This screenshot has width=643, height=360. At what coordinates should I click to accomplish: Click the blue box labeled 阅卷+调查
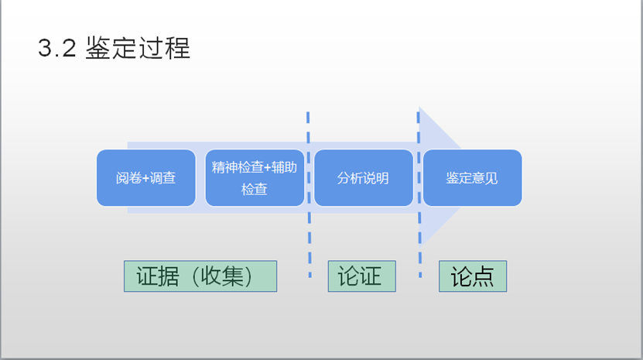146,177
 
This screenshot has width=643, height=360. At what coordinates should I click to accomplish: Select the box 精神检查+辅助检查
255,177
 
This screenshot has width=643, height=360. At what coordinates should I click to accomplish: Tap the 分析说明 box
363,177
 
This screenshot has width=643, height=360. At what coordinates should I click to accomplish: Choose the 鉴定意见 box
472,177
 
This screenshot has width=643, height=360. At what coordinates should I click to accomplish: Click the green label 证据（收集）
200,276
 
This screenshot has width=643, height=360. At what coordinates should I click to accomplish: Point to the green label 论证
361,276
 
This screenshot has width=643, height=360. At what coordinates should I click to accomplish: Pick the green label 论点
473,276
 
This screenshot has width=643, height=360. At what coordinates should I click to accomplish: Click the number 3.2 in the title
56,48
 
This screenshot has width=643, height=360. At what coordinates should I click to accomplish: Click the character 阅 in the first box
122,178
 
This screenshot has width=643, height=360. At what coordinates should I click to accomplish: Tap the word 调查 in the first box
163,178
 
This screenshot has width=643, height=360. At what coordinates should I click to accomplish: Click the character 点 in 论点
484,276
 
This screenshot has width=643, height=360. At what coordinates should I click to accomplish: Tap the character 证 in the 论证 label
372,276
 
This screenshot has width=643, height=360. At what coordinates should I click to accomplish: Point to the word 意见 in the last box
485,178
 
